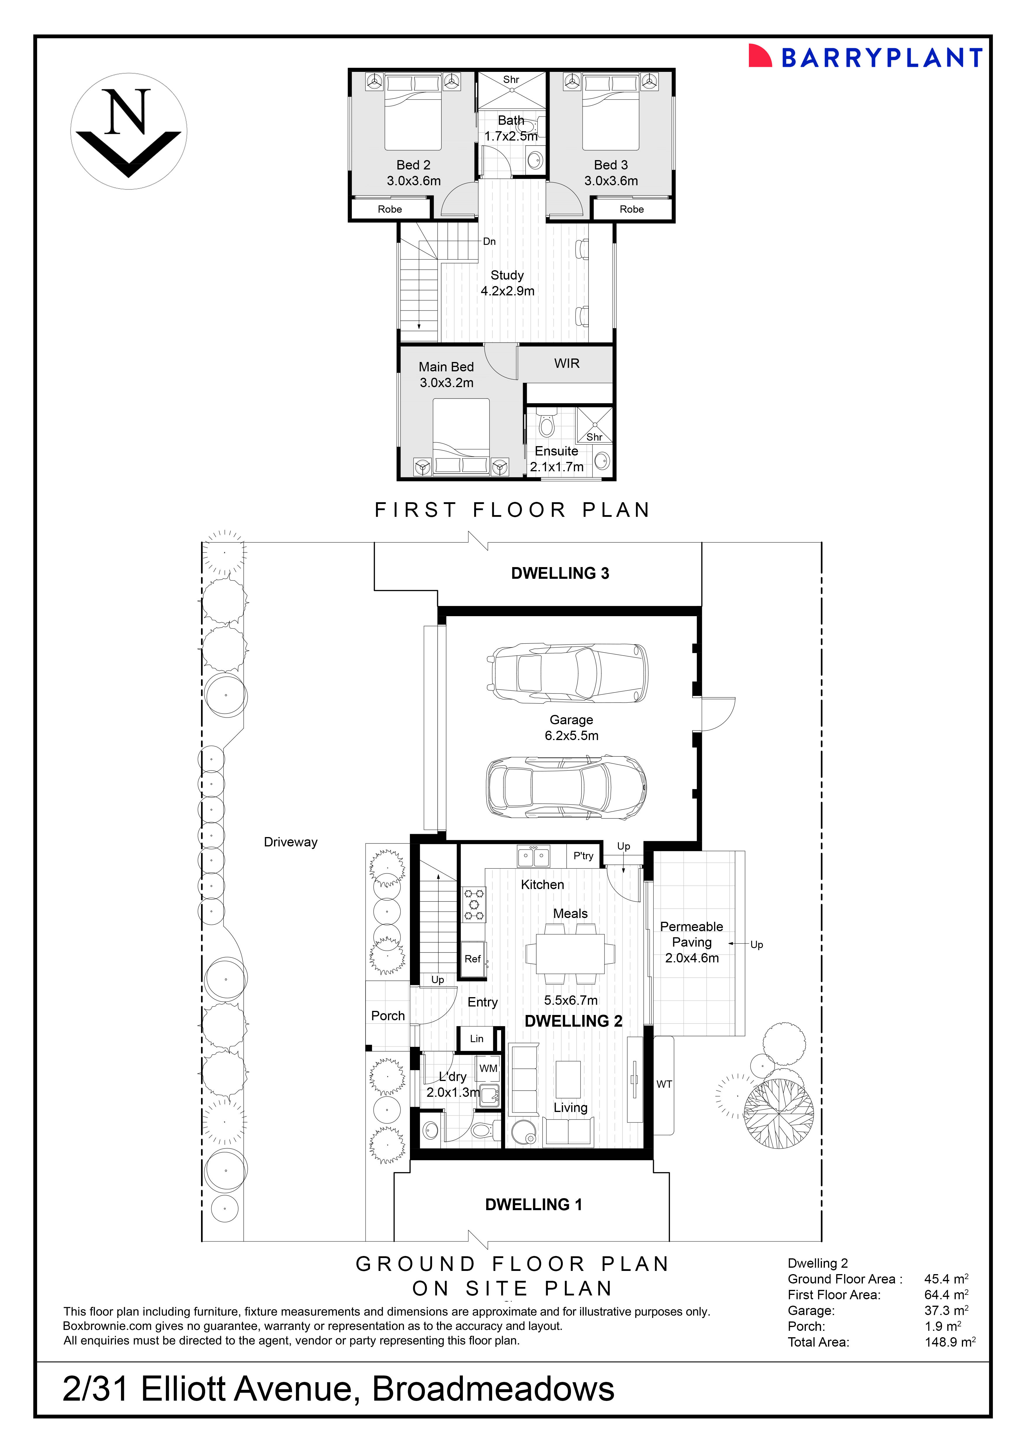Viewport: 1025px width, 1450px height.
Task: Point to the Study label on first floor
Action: (x=507, y=275)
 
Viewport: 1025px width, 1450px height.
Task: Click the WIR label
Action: (x=567, y=363)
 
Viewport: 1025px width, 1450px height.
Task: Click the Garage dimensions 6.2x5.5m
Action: (x=572, y=736)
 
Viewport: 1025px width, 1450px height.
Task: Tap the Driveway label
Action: (x=290, y=842)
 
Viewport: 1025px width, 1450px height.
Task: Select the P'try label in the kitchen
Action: (x=583, y=856)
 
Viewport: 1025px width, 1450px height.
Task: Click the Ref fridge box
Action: (x=473, y=959)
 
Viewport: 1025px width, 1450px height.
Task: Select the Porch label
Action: (x=388, y=1016)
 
